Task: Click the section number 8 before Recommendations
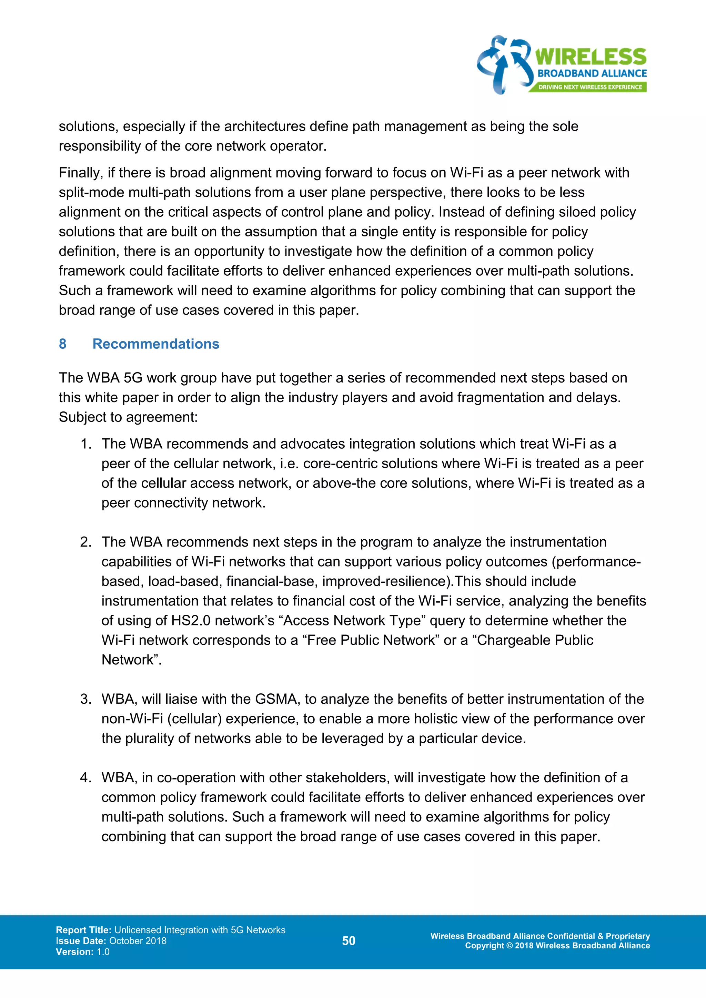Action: click(63, 344)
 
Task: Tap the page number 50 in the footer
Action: click(349, 941)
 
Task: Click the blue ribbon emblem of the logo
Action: click(504, 64)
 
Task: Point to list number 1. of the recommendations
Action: click(85, 444)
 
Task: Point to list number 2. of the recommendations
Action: click(85, 542)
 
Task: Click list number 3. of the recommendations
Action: click(85, 699)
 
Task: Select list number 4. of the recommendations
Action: click(85, 778)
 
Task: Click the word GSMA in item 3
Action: click(276, 699)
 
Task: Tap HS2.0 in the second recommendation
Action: click(190, 621)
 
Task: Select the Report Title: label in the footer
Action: click(83, 930)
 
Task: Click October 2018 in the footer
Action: click(138, 941)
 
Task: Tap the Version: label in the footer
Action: click(74, 952)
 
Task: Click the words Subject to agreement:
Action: click(128, 417)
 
